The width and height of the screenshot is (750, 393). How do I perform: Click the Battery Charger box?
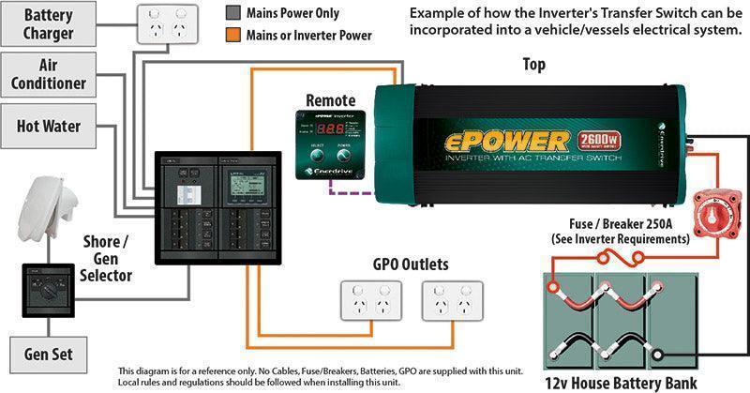(x=49, y=25)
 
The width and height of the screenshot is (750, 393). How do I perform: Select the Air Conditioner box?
(x=49, y=75)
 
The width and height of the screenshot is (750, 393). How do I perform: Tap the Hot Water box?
(x=49, y=125)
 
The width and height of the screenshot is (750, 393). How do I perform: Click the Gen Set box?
(x=49, y=355)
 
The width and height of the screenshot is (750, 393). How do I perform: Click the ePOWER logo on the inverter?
(x=506, y=141)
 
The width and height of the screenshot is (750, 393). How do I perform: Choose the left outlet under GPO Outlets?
(x=368, y=305)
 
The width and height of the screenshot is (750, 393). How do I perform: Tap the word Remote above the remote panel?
(x=330, y=99)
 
